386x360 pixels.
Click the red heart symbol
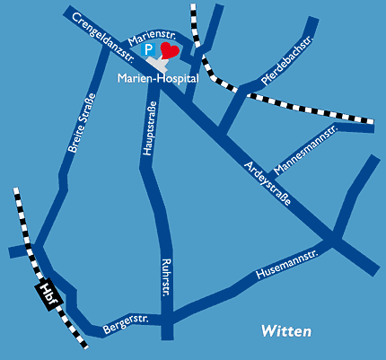(x=170, y=50)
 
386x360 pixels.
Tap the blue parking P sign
(x=148, y=49)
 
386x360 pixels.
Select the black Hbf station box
(x=49, y=294)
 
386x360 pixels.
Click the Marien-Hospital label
(x=158, y=78)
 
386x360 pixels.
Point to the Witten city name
(x=286, y=331)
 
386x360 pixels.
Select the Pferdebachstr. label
(x=286, y=60)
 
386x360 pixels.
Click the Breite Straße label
(x=82, y=123)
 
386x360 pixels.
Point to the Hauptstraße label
(x=150, y=128)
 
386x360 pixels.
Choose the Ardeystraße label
(x=268, y=184)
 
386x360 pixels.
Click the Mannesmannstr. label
(x=305, y=149)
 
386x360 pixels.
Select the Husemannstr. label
(x=287, y=265)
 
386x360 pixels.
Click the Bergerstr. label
(x=126, y=324)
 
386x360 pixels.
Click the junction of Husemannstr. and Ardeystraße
(x=335, y=239)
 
